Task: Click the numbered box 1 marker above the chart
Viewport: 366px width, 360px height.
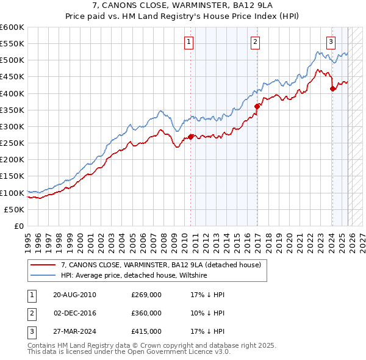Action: point(189,42)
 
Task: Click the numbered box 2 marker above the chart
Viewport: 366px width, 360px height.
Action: point(255,42)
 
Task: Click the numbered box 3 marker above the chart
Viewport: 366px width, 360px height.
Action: point(331,42)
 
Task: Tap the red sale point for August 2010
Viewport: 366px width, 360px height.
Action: point(191,137)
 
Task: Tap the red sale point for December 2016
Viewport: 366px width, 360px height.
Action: point(257,106)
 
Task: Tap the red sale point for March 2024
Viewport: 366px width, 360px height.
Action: point(332,88)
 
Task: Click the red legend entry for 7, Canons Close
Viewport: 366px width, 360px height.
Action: point(161,265)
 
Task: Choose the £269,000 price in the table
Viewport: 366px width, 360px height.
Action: point(146,294)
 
